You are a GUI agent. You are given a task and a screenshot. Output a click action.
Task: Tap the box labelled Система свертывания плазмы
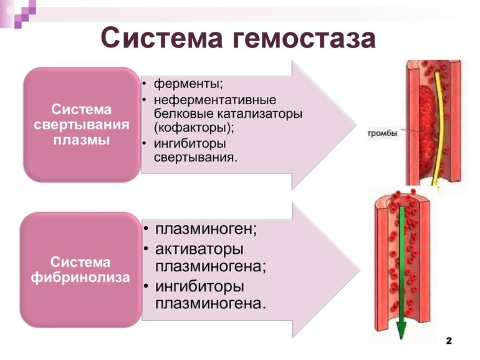pyautogui.click(x=82, y=125)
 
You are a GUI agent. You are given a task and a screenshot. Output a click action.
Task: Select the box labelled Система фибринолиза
pyautogui.click(x=81, y=269)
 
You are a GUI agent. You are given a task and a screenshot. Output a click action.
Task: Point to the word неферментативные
pyautogui.click(x=215, y=100)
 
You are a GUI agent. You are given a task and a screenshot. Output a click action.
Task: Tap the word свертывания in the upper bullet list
pyautogui.click(x=194, y=157)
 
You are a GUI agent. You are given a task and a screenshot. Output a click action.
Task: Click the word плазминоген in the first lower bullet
pyautogui.click(x=205, y=228)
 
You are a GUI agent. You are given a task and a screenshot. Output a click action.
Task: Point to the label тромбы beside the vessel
pyautogui.click(x=381, y=133)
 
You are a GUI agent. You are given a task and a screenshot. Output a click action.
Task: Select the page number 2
pyautogui.click(x=449, y=342)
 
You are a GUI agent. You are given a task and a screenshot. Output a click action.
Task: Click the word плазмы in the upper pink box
pyautogui.click(x=82, y=140)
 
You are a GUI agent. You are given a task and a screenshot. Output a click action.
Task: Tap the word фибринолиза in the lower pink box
pyautogui.click(x=81, y=276)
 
